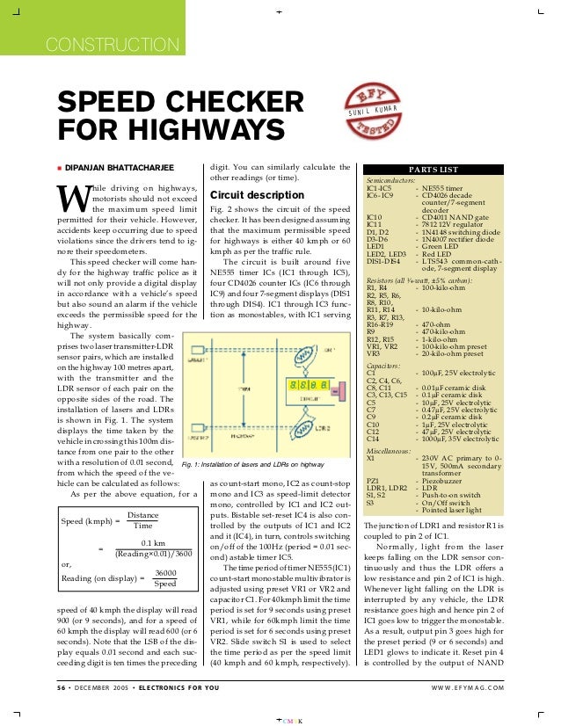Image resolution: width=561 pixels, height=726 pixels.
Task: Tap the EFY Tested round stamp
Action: (x=365, y=110)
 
